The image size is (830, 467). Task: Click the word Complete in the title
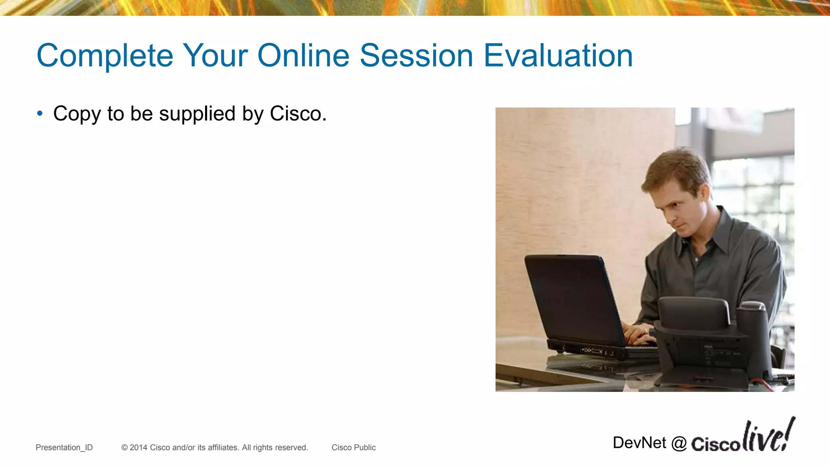click(x=105, y=56)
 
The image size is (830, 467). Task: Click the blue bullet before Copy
click(x=39, y=114)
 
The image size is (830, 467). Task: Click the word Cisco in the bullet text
click(x=298, y=114)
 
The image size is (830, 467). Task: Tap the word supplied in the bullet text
click(x=197, y=114)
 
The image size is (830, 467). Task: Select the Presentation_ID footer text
click(x=64, y=448)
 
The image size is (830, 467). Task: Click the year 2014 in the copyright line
click(x=138, y=448)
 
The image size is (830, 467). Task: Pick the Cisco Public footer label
click(x=353, y=448)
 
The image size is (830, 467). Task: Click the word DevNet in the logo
click(x=639, y=443)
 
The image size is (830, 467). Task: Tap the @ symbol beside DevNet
click(x=679, y=443)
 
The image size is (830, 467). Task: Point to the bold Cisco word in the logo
click(x=716, y=444)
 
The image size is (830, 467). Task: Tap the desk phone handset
click(x=693, y=310)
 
